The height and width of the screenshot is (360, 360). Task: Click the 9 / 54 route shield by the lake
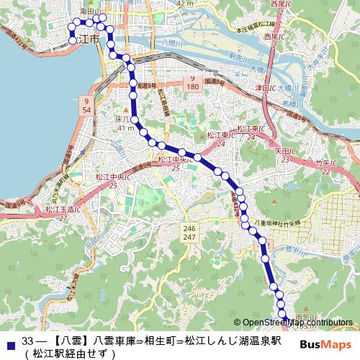click(86, 106)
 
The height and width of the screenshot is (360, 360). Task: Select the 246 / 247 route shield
click(189, 232)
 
